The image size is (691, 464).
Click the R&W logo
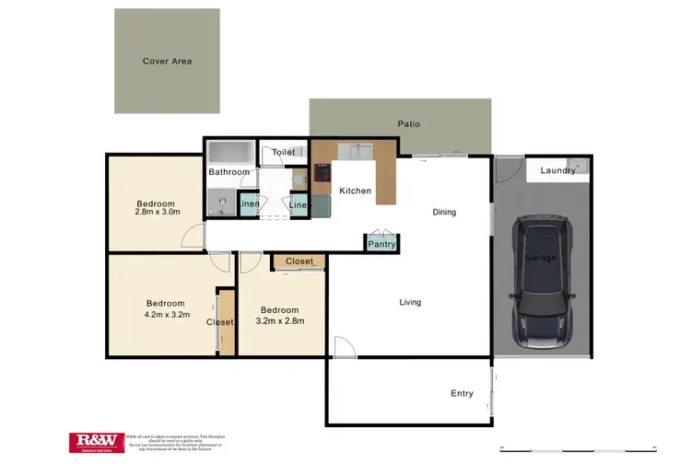[95, 443]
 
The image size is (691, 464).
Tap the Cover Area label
[167, 62]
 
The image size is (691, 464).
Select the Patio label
[408, 123]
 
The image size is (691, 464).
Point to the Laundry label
[557, 170]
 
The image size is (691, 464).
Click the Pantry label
[381, 244]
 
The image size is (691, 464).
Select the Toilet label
[284, 153]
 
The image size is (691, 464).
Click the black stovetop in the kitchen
[322, 172]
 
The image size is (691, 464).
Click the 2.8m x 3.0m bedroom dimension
[157, 212]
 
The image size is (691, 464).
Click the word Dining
[444, 213]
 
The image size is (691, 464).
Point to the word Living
[411, 302]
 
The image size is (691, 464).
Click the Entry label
[462, 393]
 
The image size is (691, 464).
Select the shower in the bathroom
[220, 202]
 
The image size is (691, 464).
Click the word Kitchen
[355, 191]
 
